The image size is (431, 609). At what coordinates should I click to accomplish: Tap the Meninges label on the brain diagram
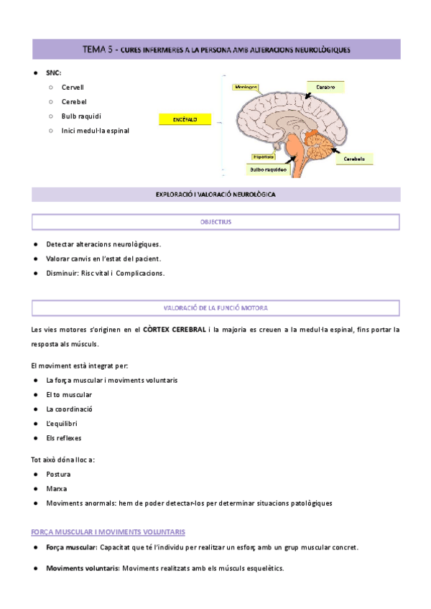point(245,87)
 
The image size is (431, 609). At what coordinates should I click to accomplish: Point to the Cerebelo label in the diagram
point(357,159)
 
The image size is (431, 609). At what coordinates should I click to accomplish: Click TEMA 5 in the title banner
point(98,50)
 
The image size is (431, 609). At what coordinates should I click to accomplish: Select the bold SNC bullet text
point(53,73)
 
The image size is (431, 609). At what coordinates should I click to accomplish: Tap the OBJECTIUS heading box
point(215,222)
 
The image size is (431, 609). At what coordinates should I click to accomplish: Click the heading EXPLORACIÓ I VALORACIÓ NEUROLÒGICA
point(215,195)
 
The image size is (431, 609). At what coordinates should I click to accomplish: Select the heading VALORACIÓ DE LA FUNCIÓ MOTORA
point(215,307)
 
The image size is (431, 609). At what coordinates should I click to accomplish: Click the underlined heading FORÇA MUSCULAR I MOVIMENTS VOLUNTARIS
point(108,532)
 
